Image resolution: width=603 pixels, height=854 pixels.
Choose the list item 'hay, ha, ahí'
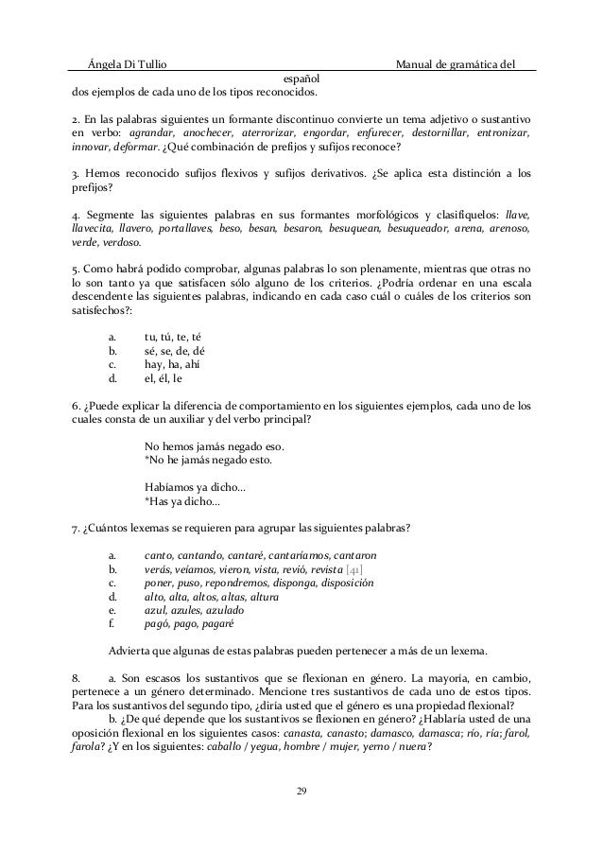pos(172,367)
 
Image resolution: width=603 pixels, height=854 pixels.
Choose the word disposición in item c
pos(341,583)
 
